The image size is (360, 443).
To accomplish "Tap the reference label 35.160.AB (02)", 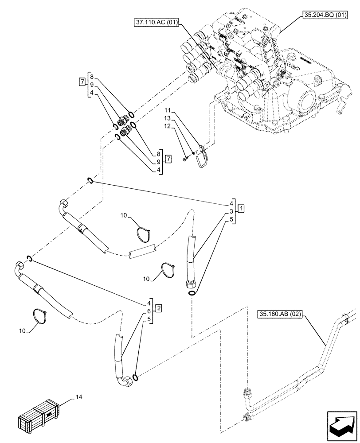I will [280, 315].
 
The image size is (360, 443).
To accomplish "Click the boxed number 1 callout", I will [240, 208].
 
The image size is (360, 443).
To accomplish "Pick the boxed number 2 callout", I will [159, 307].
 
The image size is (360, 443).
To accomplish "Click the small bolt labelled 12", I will [186, 159].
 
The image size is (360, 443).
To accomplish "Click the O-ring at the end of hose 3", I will [192, 292].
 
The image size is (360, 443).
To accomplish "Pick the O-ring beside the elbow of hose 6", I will [136, 377].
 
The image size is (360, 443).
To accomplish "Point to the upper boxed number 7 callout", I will [82, 82].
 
